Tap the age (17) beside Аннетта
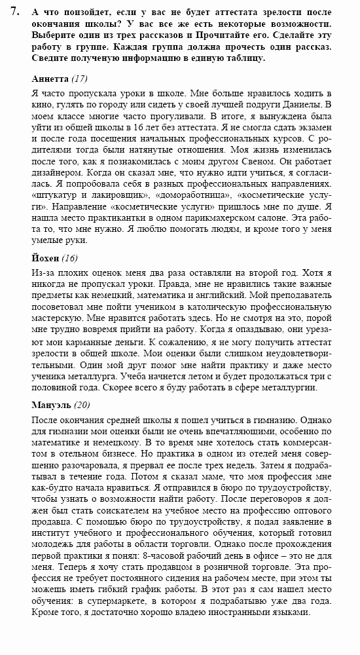(x=80, y=79)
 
